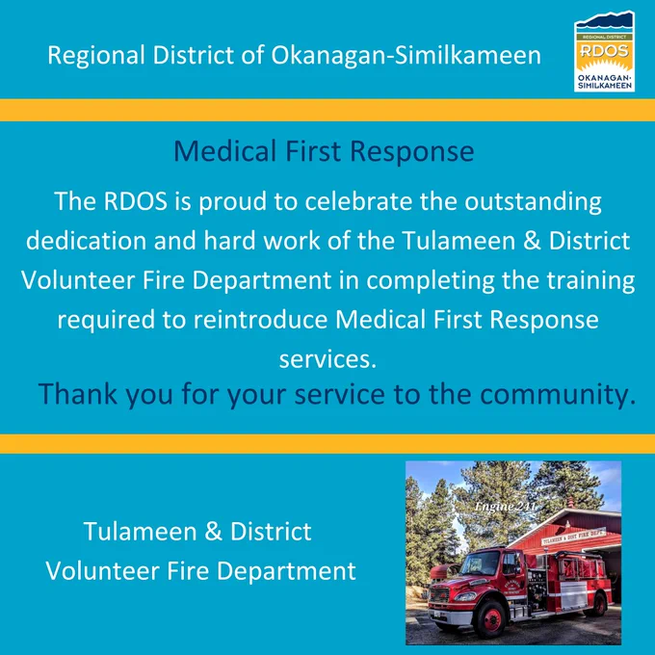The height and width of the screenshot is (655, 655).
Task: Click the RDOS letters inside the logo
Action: coord(605,50)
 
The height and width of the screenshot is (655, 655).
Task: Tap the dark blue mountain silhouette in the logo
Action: coord(604,20)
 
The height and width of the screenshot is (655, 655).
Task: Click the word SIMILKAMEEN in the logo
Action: coord(605,86)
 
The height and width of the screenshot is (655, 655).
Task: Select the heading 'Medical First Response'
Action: coord(324,151)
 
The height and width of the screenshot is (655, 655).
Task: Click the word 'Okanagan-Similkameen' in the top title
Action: coord(406,56)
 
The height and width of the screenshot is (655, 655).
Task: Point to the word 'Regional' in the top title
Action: coord(96,56)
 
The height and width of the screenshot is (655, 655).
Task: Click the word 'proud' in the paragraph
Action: coord(232,202)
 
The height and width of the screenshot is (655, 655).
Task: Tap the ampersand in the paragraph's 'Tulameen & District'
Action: coord(532,241)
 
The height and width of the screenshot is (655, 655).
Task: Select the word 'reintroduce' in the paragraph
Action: coord(260,320)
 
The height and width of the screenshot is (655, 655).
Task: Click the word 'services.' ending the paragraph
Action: coord(327,359)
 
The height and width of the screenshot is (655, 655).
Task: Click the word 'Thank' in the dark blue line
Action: coord(77,394)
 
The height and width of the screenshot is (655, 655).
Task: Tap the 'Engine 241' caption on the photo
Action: coord(505,507)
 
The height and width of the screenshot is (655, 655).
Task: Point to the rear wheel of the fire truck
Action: coord(599,604)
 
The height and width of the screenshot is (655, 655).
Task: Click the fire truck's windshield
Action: coord(481,563)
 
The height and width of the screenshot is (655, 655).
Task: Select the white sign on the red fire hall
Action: coord(574,536)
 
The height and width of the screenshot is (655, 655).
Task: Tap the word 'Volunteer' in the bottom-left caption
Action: coord(102,571)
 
